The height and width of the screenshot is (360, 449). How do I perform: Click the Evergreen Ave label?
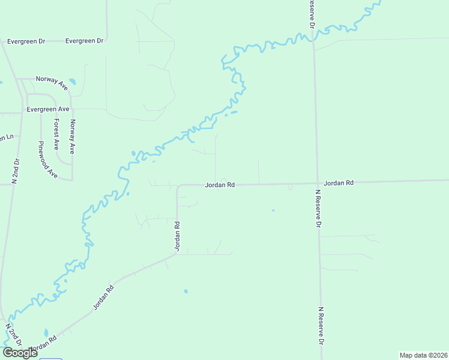click(48, 109)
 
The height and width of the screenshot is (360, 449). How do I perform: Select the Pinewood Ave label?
click(47, 160)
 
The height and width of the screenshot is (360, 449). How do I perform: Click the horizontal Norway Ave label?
click(52, 82)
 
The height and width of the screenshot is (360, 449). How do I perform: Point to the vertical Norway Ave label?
click(72, 137)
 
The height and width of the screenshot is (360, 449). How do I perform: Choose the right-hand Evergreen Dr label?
click(85, 41)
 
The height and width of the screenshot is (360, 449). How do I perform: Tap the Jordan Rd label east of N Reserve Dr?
click(339, 182)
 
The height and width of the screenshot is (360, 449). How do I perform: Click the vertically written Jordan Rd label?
click(178, 236)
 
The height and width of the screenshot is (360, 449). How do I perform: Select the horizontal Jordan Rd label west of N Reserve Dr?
click(220, 185)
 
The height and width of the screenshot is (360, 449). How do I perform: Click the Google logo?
click(20, 353)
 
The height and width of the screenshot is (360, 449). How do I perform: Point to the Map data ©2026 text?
click(423, 355)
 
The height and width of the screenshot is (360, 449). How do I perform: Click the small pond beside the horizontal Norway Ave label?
click(73, 82)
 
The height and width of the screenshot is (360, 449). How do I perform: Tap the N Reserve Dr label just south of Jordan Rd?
click(319, 209)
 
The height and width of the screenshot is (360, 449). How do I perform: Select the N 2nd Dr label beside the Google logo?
click(13, 334)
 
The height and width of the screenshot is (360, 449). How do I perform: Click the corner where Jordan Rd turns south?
click(178, 186)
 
